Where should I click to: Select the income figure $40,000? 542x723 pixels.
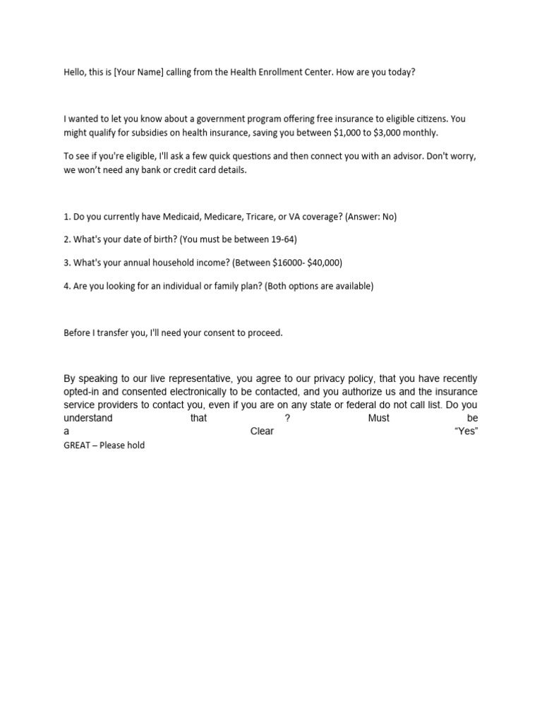324,263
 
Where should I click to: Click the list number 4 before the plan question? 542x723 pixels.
66,286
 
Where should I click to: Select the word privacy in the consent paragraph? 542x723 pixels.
325,379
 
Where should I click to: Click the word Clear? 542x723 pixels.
262,431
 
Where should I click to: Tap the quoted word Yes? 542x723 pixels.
466,431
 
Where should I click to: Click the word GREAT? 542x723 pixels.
76,446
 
